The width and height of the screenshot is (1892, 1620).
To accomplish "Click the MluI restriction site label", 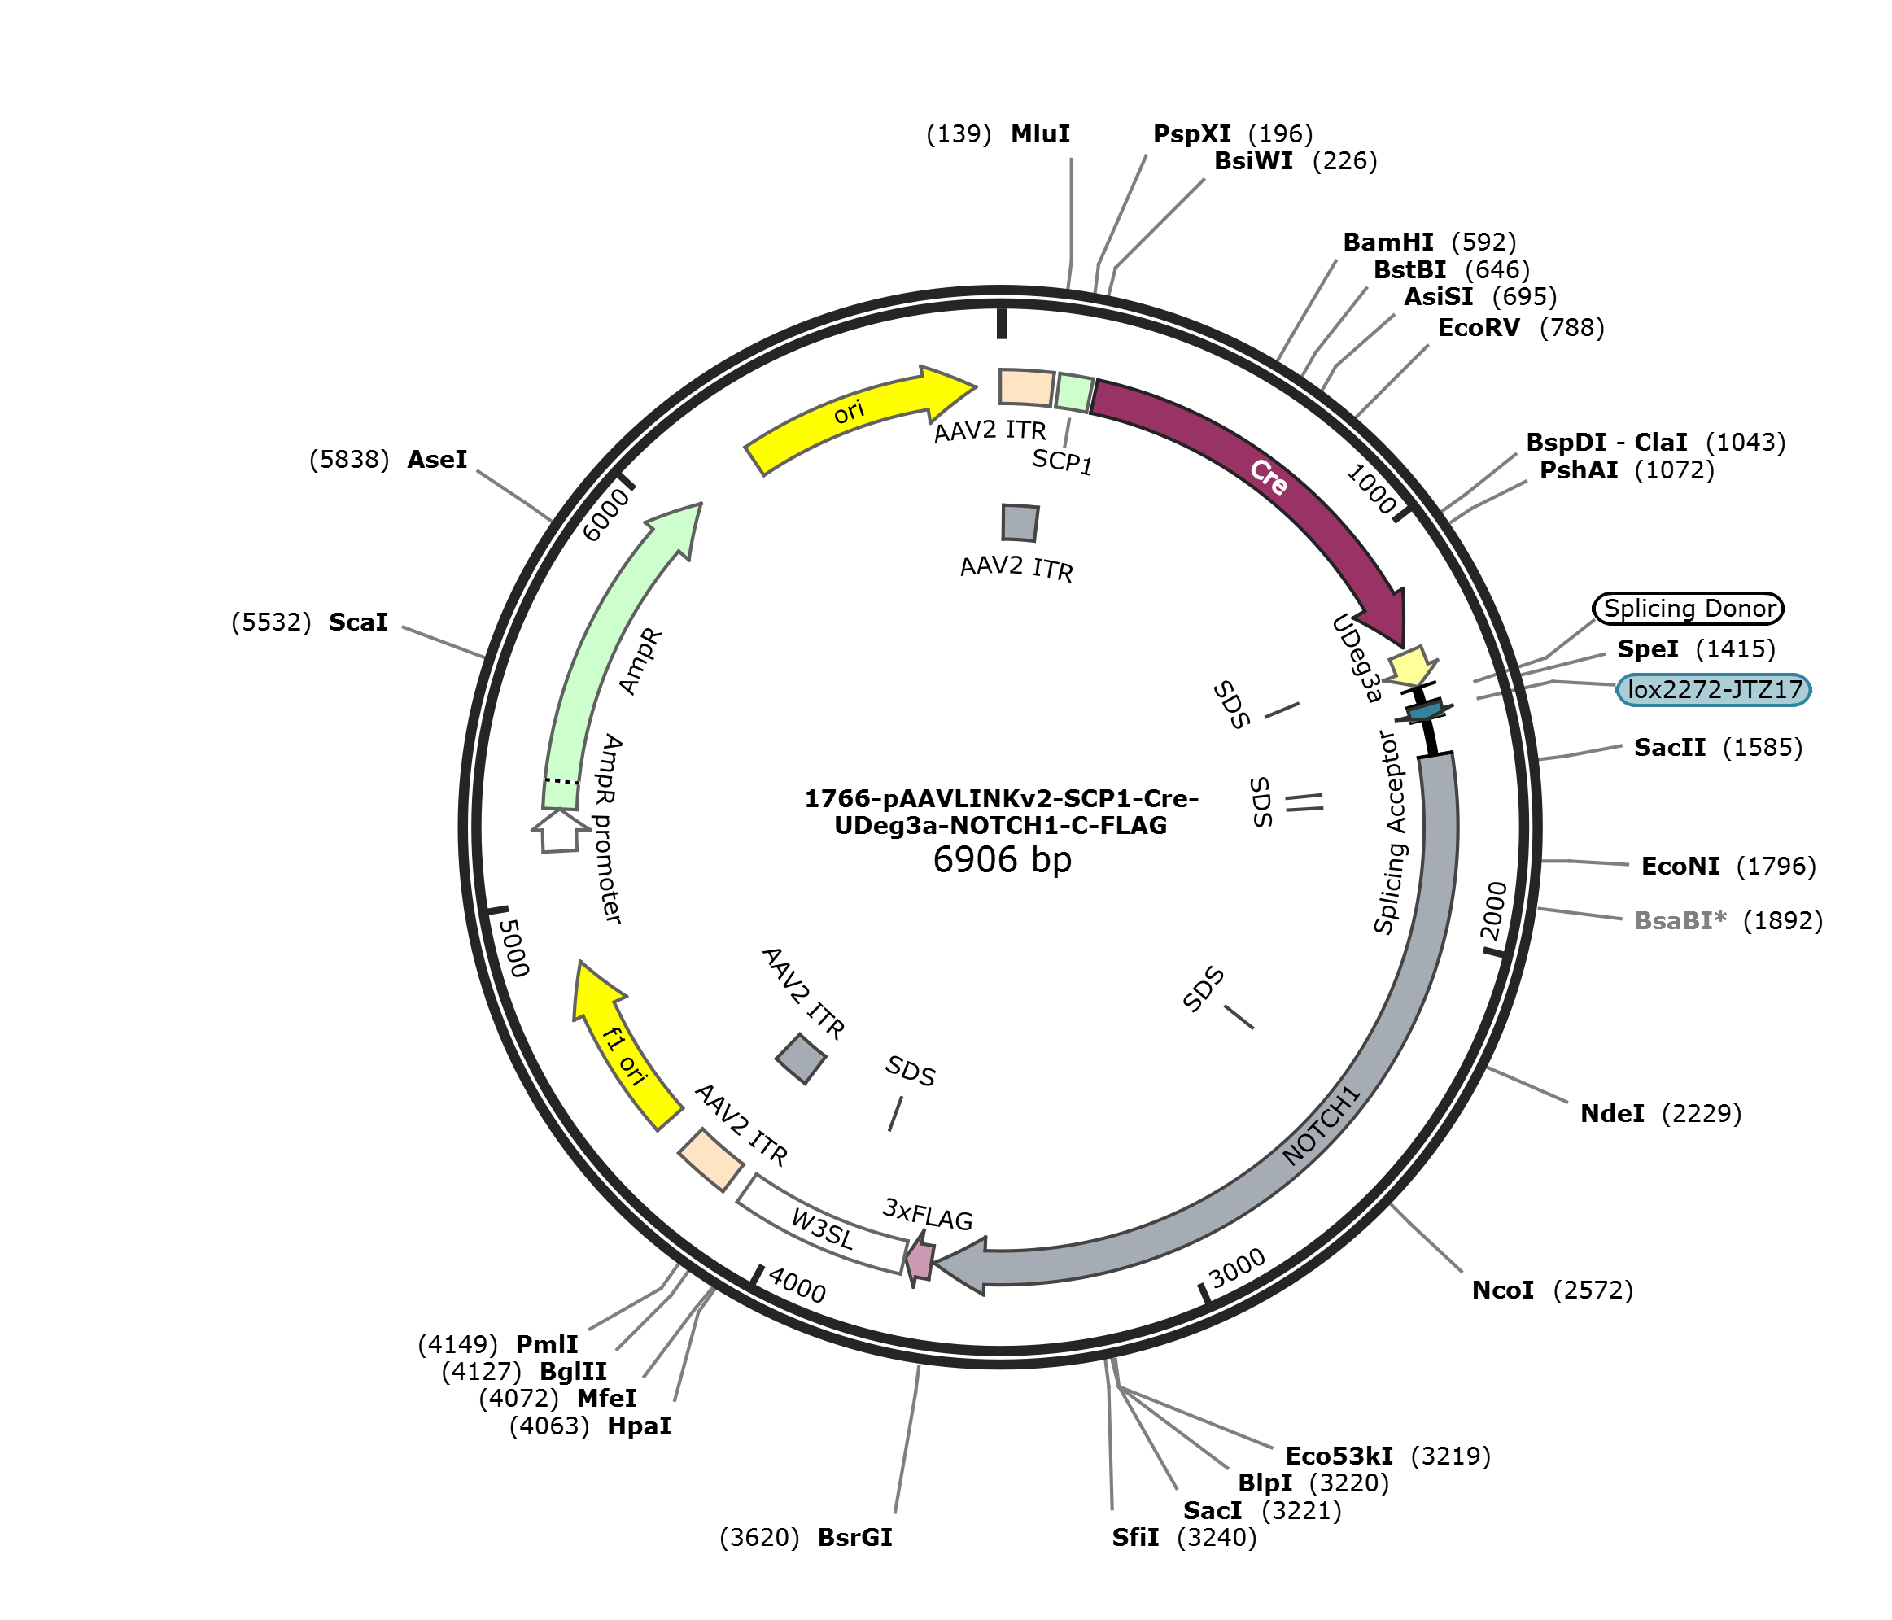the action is click(1040, 134).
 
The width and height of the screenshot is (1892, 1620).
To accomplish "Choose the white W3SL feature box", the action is click(822, 1225).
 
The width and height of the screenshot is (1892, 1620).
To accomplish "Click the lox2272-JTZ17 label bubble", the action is click(1714, 689).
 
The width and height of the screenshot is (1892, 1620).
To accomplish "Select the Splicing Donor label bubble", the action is click(1689, 608).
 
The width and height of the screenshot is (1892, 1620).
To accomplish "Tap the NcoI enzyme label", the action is click(1503, 1290).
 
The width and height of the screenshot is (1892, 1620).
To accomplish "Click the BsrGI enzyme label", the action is click(854, 1538).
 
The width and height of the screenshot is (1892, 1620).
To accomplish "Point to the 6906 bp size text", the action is click(1002, 859).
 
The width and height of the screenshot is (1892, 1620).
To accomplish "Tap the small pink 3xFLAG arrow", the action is click(920, 1260).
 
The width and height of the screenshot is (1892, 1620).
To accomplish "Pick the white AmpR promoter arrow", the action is click(559, 830).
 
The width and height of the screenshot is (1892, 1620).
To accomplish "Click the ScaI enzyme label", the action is click(358, 622).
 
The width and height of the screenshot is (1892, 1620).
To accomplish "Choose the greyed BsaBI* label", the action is click(1681, 920).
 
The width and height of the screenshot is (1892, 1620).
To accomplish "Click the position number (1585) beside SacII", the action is click(1763, 748).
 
